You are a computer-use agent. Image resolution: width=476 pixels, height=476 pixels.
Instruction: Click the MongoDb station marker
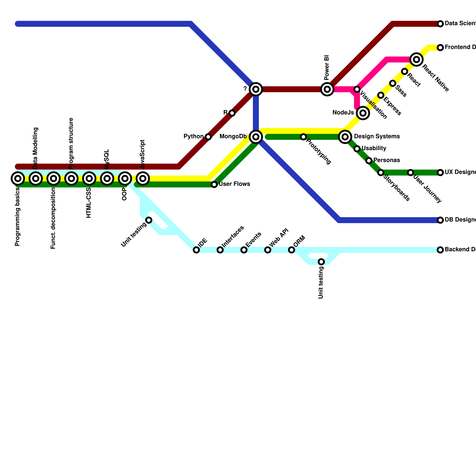pyautogui.click(x=256, y=137)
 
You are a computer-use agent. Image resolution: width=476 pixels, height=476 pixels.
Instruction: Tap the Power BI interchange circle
pyautogui.click(x=327, y=89)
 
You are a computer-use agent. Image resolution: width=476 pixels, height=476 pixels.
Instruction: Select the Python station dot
pyautogui.click(x=208, y=137)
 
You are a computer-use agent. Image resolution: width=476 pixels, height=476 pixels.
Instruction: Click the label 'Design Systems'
pyautogui.click(x=377, y=137)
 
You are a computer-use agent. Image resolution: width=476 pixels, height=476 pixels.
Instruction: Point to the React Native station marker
pyautogui.click(x=416, y=59)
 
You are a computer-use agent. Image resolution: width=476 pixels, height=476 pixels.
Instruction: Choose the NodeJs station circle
pyautogui.click(x=363, y=113)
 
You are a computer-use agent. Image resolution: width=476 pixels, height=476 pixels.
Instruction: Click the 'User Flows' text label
pyautogui.click(x=234, y=184)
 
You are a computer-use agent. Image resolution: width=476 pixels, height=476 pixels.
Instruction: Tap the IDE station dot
pyautogui.click(x=196, y=250)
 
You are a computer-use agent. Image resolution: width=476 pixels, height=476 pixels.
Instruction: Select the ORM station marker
pyautogui.click(x=292, y=250)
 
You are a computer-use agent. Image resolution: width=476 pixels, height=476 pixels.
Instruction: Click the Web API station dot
pyautogui.click(x=268, y=250)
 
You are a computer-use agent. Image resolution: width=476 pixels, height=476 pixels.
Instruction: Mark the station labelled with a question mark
pyautogui.click(x=256, y=89)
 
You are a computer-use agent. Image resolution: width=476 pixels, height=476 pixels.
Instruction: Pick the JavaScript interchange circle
pyautogui.click(x=143, y=178)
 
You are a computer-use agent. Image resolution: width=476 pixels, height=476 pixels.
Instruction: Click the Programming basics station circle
pyautogui.click(x=18, y=178)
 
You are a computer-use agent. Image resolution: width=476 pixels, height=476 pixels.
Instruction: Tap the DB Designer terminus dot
pyautogui.click(x=440, y=220)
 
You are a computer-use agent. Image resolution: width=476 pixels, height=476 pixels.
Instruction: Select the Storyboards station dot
pyautogui.click(x=381, y=173)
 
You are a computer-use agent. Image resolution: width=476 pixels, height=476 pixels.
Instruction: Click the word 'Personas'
pyautogui.click(x=386, y=160)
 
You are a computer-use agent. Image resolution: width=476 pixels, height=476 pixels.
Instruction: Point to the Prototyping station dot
pyautogui.click(x=303, y=137)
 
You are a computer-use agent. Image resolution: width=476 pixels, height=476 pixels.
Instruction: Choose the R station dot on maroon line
pyautogui.click(x=232, y=113)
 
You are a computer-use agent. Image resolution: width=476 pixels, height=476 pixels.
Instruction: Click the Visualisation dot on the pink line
pyautogui.click(x=357, y=89)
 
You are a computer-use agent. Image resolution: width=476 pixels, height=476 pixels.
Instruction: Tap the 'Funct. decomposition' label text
pyautogui.click(x=53, y=218)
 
